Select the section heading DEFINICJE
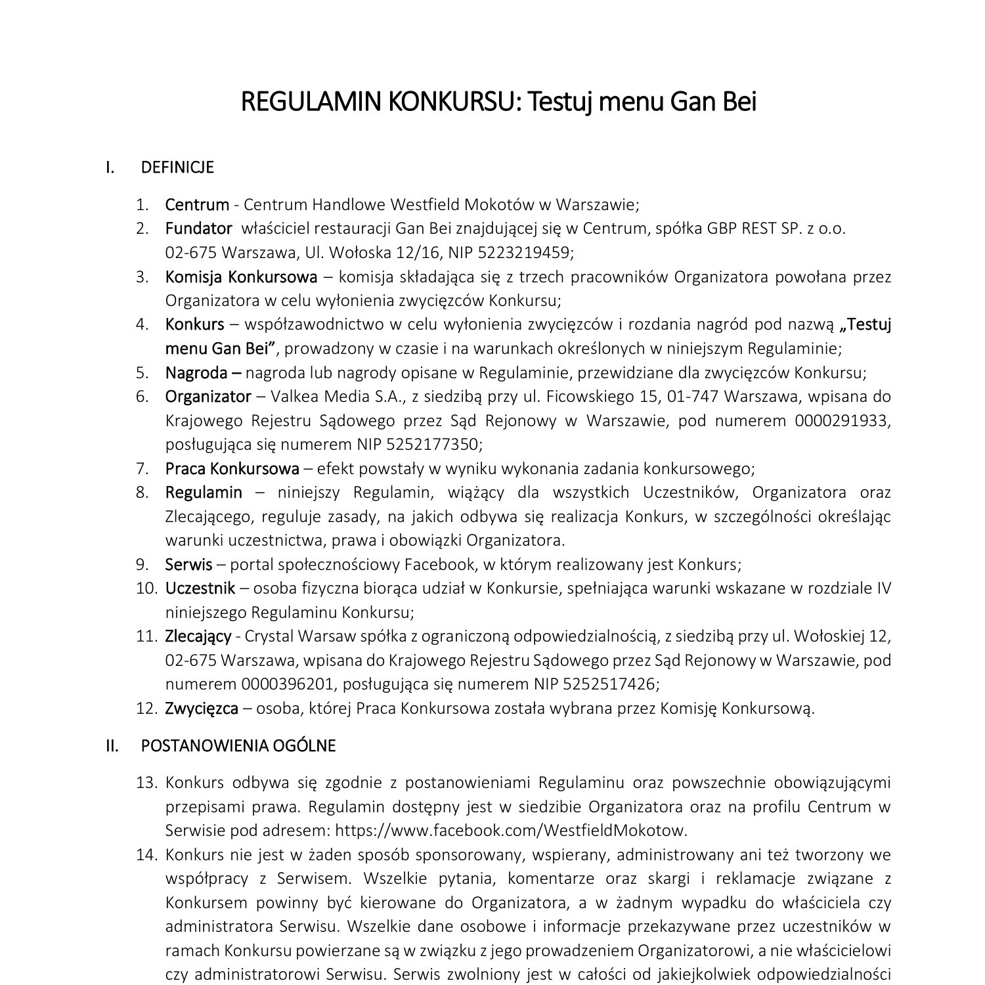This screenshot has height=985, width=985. [177, 167]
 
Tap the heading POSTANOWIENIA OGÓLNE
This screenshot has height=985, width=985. [238, 746]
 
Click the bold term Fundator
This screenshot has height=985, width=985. [198, 229]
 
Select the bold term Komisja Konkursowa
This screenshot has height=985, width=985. [240, 277]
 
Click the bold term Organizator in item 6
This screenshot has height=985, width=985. [208, 397]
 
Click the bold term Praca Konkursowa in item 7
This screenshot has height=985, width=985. [232, 469]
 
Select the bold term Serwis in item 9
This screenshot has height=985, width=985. [188, 565]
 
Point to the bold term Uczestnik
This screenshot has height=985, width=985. [200, 588]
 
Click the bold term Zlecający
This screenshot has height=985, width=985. [198, 636]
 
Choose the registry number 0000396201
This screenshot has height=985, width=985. [287, 684]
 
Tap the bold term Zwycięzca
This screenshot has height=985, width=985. [201, 709]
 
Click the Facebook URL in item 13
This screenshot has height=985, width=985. [510, 831]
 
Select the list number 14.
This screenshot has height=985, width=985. [147, 855]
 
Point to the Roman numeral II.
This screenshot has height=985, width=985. [112, 746]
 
